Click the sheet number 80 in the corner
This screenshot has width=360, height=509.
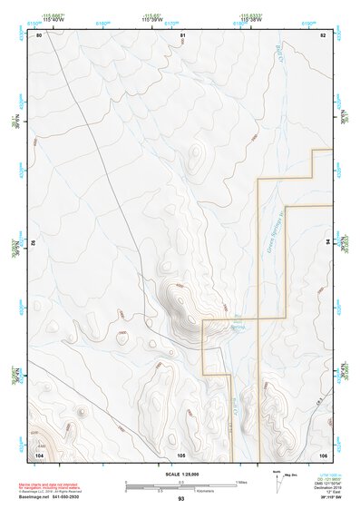click(x=39, y=35)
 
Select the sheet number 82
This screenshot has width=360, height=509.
click(x=322, y=35)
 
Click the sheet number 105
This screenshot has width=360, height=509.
click(x=181, y=454)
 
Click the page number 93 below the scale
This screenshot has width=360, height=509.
click(x=181, y=498)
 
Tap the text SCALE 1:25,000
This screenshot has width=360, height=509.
click(x=181, y=475)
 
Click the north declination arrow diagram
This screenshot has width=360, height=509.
click(x=278, y=478)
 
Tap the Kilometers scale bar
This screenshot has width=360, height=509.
click(x=180, y=488)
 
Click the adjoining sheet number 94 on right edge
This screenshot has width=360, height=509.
click(x=326, y=243)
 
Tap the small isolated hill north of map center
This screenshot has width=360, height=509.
click(x=196, y=159)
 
